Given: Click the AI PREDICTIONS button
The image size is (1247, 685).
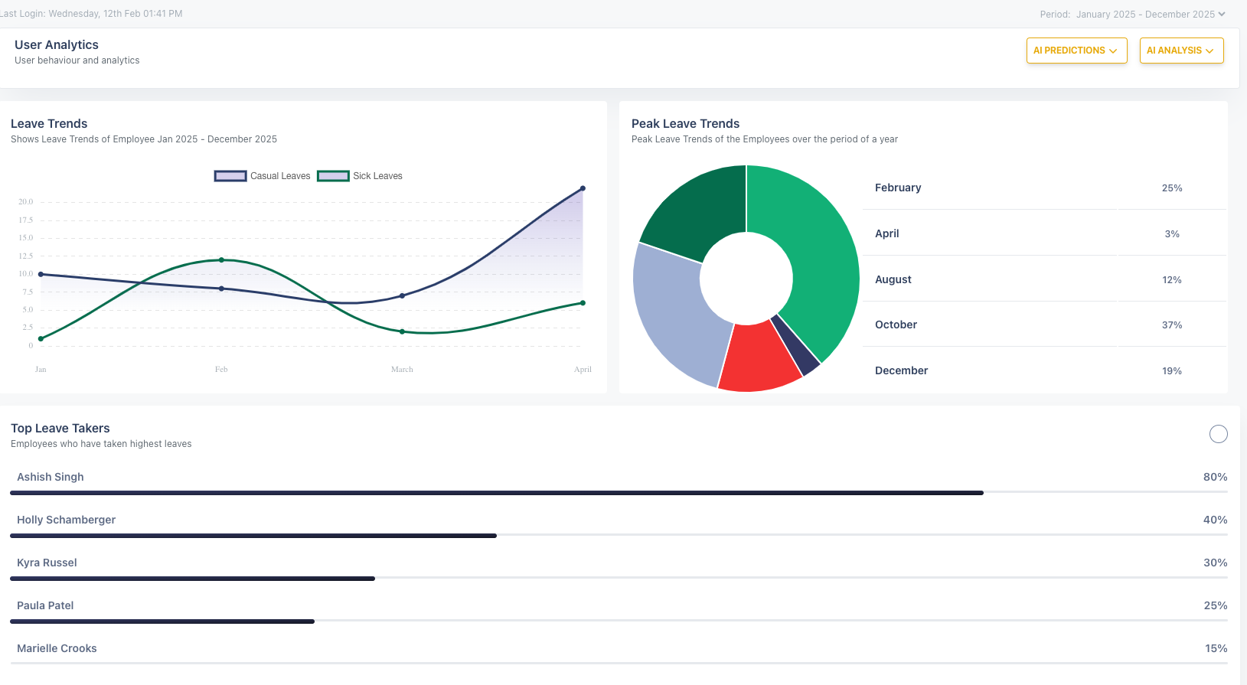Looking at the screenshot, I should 1076,51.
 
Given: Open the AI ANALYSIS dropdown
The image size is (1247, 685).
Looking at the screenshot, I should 1180,51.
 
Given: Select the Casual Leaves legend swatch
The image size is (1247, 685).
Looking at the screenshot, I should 230,176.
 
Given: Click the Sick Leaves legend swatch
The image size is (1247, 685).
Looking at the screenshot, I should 333,176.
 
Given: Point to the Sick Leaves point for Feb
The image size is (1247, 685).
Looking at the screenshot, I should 221,260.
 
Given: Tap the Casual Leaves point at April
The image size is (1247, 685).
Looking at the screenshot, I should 583,188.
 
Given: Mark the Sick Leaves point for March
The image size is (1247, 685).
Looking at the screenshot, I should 402,331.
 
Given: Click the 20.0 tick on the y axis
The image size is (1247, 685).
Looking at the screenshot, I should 26,202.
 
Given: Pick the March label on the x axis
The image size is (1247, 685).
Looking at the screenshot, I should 402,370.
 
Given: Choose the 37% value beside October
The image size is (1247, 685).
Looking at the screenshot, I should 1171,325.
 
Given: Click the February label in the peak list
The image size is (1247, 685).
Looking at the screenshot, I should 898,188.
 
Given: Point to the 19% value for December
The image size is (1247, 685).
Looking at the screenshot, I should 1171,371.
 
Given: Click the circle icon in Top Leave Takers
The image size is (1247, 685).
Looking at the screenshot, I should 1218,434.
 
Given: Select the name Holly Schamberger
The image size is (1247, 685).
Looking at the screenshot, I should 67,520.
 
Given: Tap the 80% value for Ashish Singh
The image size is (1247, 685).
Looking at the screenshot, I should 1215,477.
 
